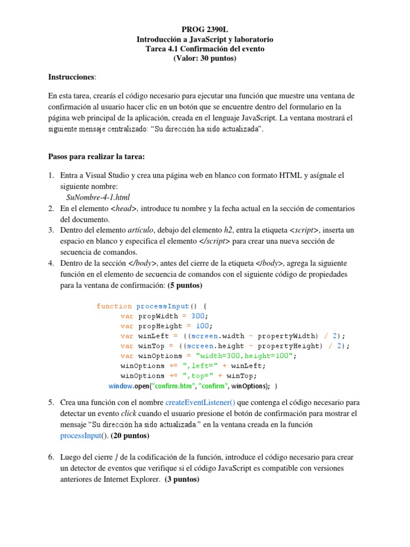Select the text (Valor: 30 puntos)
(204, 58)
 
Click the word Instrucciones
(72, 77)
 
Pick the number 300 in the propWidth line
(199, 316)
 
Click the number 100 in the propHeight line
(202, 326)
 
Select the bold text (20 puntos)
(129, 436)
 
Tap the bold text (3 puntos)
(182, 480)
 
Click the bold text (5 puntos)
(185, 286)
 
